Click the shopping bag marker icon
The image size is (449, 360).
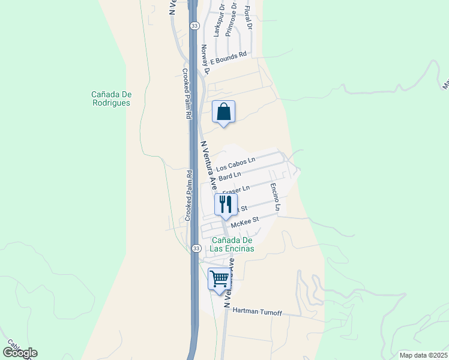pyautogui.click(x=223, y=112)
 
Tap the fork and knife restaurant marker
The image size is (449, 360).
pyautogui.click(x=226, y=204)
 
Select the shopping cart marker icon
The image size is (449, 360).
pyautogui.click(x=220, y=279)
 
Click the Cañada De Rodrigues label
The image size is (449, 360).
pyautogui.click(x=111, y=98)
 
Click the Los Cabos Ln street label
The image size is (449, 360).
pyautogui.click(x=236, y=163)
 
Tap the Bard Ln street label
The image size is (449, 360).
pyautogui.click(x=230, y=176)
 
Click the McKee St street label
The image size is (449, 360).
pyautogui.click(x=245, y=221)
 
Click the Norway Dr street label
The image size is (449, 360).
pyautogui.click(x=205, y=61)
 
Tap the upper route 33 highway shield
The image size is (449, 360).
pyautogui.click(x=194, y=26)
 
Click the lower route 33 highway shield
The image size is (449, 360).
pyautogui.click(x=196, y=248)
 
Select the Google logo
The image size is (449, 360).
pyautogui.click(x=20, y=353)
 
